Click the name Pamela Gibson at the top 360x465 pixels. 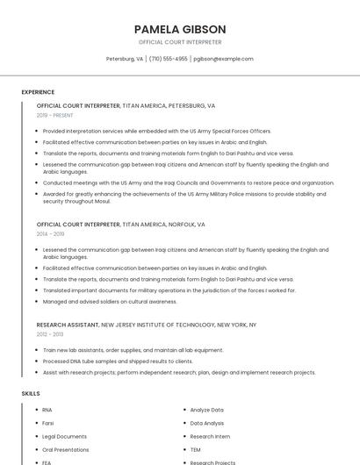tap(180, 29)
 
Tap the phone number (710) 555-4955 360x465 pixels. tap(169, 59)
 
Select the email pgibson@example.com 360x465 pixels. tap(223, 59)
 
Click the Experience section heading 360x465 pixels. tap(38, 92)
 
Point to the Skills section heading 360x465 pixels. tap(31, 394)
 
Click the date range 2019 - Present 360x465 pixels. tap(56, 115)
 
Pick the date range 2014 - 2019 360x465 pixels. tap(51, 234)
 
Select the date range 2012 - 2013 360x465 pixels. tap(50, 334)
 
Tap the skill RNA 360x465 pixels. tap(47, 410)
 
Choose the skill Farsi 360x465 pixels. tap(48, 423)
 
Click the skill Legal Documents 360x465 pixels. tap(64, 436)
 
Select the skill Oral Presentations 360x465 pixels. tap(66, 449)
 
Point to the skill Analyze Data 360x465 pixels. tap(207, 410)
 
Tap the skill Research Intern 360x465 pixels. tap(210, 436)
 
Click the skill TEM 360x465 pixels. tap(195, 449)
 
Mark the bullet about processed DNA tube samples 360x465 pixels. tap(118, 361)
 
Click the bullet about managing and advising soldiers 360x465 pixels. tap(110, 302)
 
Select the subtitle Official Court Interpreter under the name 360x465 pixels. tap(180, 42)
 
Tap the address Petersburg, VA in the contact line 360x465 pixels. tap(125, 59)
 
